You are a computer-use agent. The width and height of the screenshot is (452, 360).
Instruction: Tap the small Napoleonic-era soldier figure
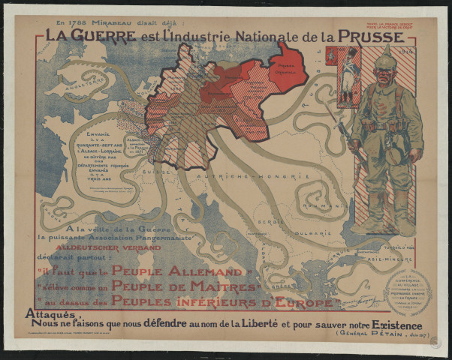click(x=348, y=75)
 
